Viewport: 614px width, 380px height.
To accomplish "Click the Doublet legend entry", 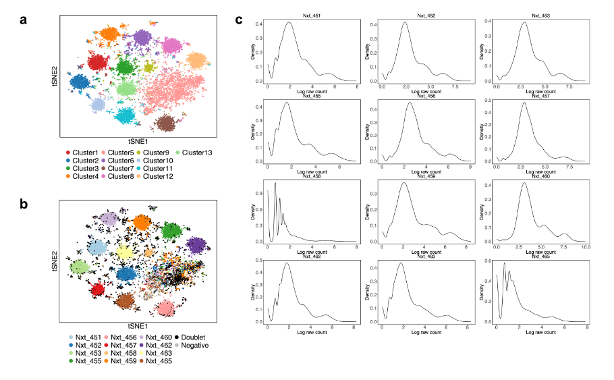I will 193,336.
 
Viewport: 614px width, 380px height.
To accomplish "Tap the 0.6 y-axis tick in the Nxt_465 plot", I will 488,261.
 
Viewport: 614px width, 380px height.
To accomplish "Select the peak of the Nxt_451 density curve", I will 289,22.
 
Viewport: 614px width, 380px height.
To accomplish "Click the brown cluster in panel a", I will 165,123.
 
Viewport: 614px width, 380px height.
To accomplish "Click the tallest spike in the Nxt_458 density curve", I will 275,184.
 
